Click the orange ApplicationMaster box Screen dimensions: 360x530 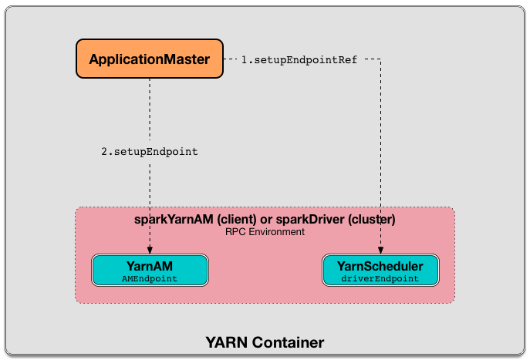[150, 59]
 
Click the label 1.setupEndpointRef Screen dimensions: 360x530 [299, 59]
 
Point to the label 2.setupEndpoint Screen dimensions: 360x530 [150, 152]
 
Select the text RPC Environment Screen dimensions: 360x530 [265, 231]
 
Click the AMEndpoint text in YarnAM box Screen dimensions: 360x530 [150, 278]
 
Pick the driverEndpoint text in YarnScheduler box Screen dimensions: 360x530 [380, 278]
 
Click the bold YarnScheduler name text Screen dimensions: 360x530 [380, 265]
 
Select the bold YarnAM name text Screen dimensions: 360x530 [150, 265]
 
